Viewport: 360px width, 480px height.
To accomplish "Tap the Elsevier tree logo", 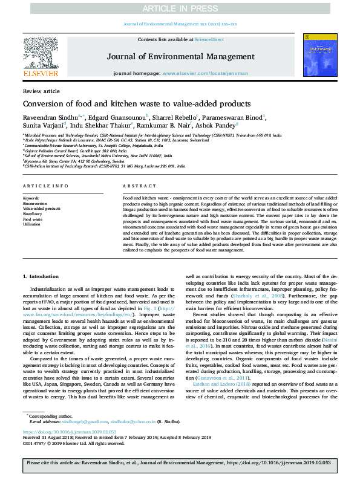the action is click(41, 51).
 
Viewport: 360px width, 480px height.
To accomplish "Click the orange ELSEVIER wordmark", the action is click(41, 74).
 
